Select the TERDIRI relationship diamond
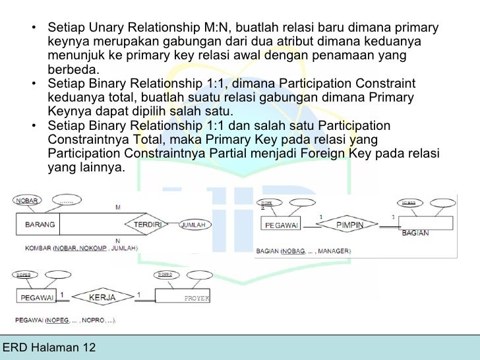148,224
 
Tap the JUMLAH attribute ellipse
196,224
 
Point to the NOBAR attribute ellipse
28,199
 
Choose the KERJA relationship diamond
100,298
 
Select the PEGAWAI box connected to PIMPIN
284,225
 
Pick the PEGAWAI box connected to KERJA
38,298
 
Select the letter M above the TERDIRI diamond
117,208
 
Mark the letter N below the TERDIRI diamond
117,241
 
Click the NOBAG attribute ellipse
410,203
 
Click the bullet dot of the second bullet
33,84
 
